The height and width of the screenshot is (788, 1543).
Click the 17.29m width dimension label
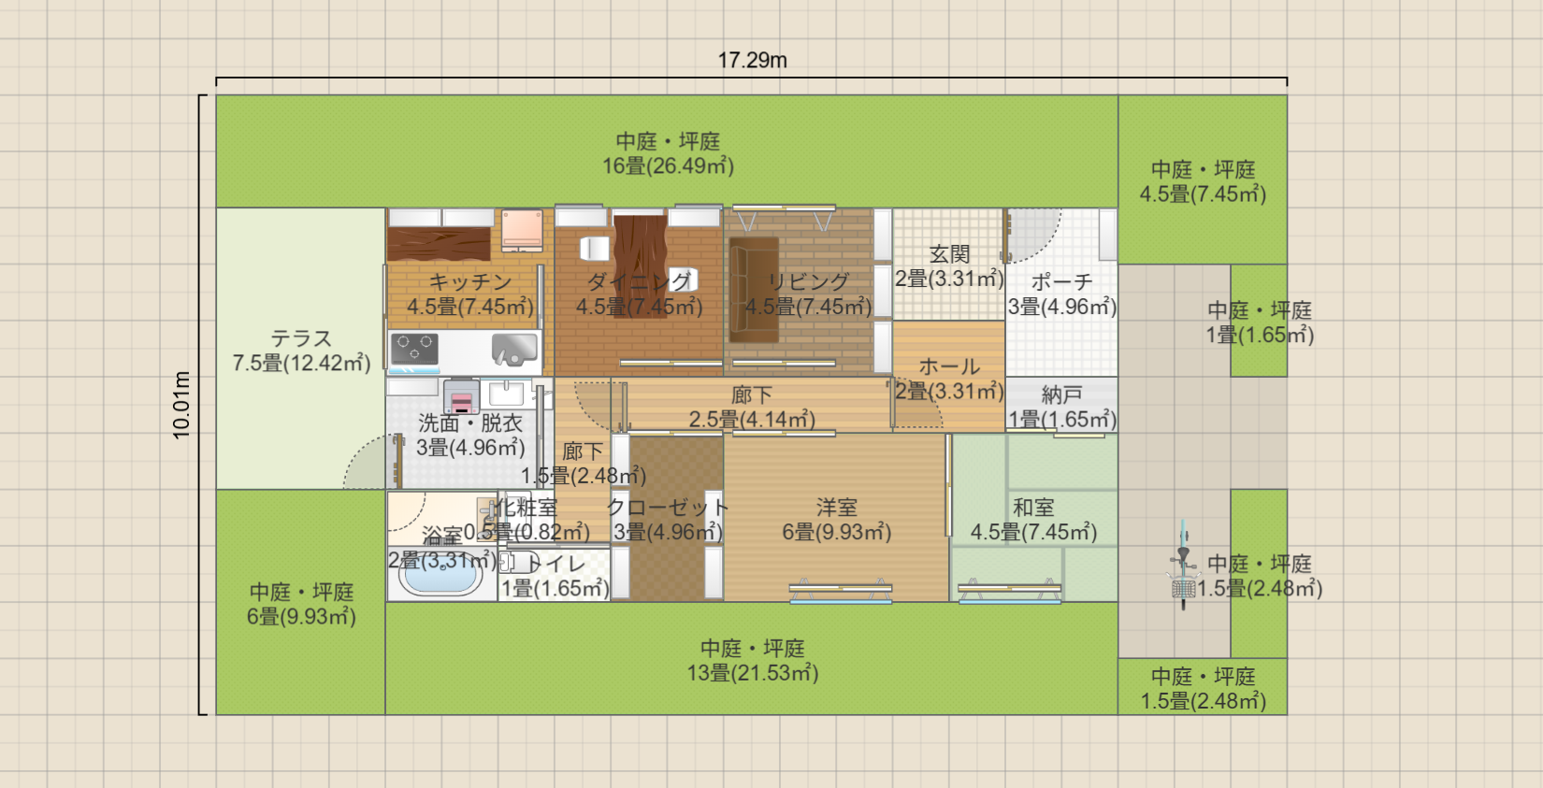[x=752, y=61]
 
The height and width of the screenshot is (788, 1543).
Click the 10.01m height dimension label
[x=181, y=405]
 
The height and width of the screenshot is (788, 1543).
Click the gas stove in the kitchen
[x=414, y=349]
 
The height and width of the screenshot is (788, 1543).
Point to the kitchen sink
[x=514, y=350]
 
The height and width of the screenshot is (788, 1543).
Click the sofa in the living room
[x=754, y=289]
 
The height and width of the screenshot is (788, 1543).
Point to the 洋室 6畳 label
[x=837, y=520]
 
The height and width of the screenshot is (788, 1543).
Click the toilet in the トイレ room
[x=512, y=563]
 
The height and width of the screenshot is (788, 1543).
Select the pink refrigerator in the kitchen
[x=522, y=230]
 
